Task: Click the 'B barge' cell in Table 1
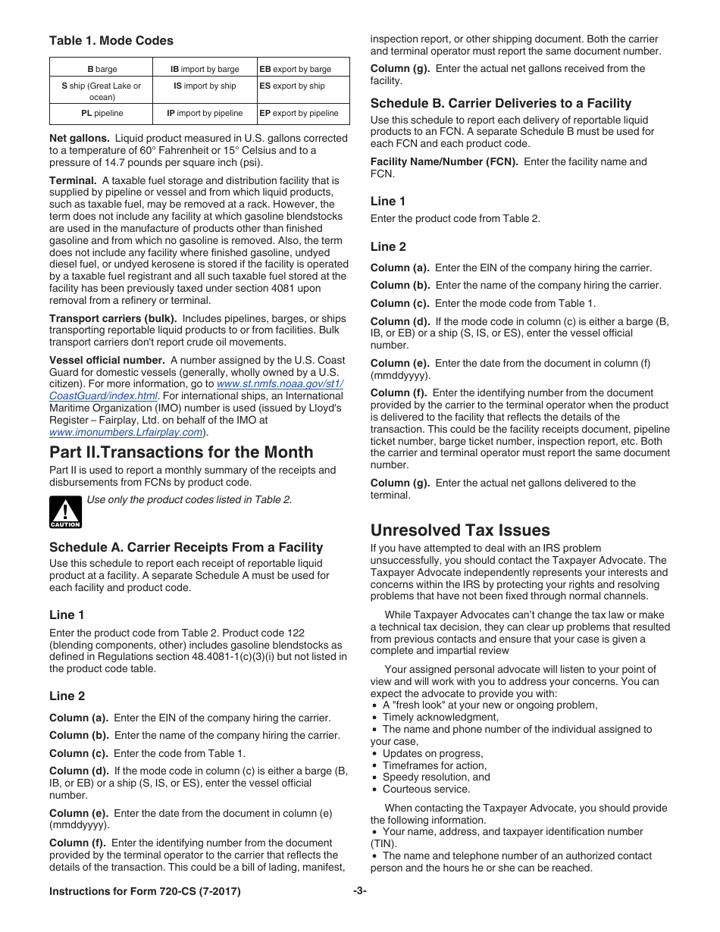pos(102,69)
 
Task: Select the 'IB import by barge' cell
pos(204,69)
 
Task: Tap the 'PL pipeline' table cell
pos(102,113)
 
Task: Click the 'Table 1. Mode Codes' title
pos(111,41)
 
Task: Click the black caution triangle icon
pos(65,512)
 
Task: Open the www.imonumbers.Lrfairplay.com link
pos(126,432)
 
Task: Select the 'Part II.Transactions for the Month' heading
pos(181,452)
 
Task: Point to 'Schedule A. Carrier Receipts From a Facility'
pos(186,547)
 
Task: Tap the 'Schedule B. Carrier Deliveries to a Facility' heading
pos(500,103)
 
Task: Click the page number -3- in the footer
pos(359,891)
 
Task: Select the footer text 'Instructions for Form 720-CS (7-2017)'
pos(145,892)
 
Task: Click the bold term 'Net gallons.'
pos(80,139)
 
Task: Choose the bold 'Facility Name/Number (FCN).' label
pos(444,161)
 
